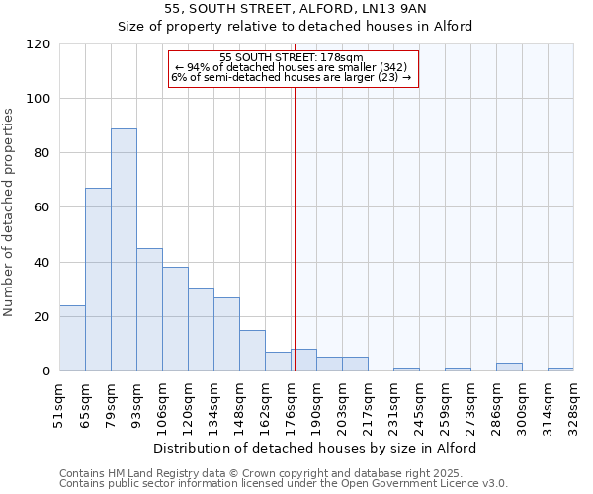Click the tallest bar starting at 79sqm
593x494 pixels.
[x=124, y=250]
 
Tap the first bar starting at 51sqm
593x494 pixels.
[x=72, y=338]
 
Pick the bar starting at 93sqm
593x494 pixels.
[x=149, y=309]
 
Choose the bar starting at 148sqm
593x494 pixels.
[x=252, y=351]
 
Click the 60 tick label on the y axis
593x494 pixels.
[x=42, y=207]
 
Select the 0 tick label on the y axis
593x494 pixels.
[x=46, y=371]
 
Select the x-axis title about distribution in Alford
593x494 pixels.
[x=316, y=448]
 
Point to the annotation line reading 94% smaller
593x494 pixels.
[x=292, y=67]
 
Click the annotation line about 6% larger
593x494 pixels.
[x=292, y=76]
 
